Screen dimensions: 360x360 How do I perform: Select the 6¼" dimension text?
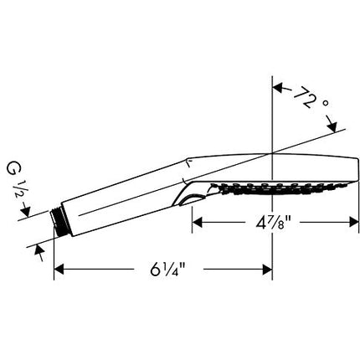(x=168, y=270)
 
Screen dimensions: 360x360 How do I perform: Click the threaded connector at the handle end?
(x=56, y=218)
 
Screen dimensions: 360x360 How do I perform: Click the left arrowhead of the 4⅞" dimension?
(x=197, y=223)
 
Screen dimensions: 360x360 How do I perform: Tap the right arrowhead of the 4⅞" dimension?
(x=354, y=223)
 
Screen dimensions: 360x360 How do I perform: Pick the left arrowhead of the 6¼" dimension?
(x=59, y=270)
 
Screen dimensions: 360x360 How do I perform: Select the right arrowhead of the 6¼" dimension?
(x=267, y=270)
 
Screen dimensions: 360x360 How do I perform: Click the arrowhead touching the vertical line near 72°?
(x=278, y=88)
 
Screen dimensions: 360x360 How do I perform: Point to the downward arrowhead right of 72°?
(x=332, y=127)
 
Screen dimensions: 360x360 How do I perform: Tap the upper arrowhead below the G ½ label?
(x=26, y=212)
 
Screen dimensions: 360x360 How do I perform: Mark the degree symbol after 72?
(x=325, y=104)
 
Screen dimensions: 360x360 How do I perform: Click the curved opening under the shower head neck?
(x=189, y=200)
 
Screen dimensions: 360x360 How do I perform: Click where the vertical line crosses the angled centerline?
(x=272, y=153)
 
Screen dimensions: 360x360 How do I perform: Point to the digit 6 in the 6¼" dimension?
(x=155, y=270)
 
